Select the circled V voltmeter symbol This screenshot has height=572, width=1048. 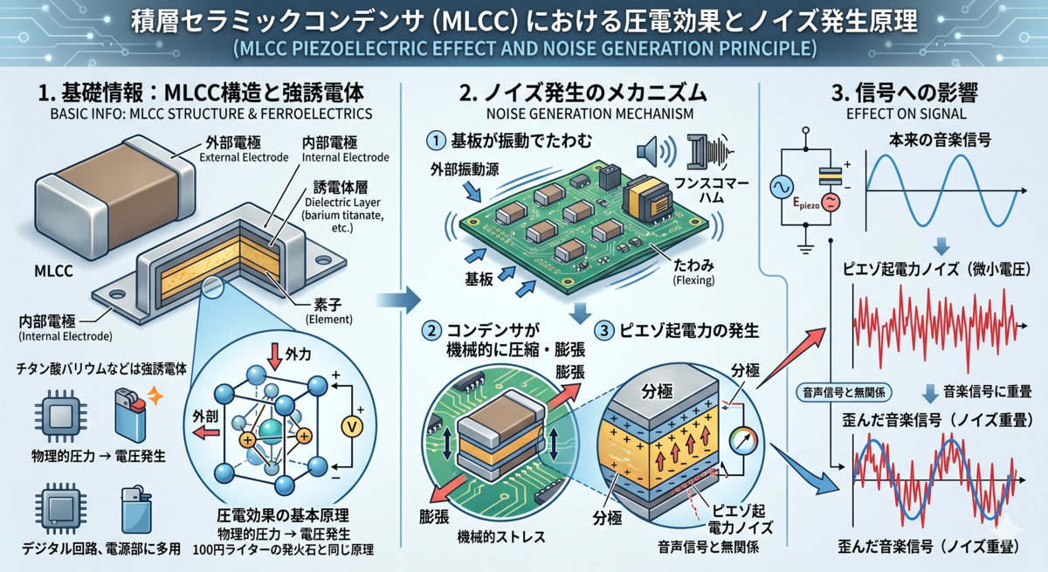(352, 426)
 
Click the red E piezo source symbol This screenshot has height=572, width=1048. (831, 202)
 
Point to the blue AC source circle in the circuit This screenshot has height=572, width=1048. (782, 187)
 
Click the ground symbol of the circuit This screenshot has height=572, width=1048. (805, 248)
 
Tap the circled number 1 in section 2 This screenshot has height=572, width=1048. (436, 141)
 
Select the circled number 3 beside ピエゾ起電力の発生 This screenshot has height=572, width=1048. (604, 331)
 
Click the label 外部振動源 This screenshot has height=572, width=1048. (465, 169)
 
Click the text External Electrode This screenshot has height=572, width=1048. (244, 157)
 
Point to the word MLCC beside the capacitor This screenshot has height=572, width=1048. (53, 272)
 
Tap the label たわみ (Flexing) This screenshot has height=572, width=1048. (693, 272)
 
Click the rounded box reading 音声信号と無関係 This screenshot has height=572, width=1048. (844, 392)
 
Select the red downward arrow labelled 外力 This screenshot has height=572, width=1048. (274, 356)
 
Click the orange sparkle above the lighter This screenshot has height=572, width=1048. (155, 396)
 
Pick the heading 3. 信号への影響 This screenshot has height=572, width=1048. (905, 93)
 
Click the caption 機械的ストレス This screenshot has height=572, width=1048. (501, 537)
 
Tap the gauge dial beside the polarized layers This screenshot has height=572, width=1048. (743, 441)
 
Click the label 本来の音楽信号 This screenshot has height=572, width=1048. (940, 141)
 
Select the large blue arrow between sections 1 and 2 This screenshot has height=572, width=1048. (398, 300)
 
